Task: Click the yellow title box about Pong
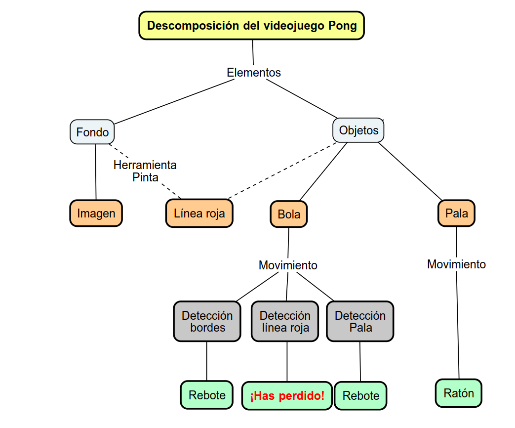click(252, 26)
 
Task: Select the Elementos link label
click(254, 73)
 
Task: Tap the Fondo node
click(92, 132)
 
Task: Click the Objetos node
click(358, 130)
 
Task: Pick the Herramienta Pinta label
click(145, 171)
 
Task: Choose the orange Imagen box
click(96, 214)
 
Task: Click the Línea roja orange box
click(199, 214)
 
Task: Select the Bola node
click(289, 214)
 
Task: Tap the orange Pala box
click(456, 214)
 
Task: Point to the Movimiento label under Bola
click(288, 265)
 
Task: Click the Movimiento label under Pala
click(456, 264)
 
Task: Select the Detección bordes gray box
click(207, 321)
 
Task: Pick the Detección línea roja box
click(285, 322)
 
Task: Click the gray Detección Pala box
click(360, 322)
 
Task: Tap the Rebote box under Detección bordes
click(207, 395)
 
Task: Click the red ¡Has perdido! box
click(287, 396)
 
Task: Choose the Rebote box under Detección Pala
click(360, 396)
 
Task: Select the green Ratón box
click(458, 393)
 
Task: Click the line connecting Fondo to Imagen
click(95, 173)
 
